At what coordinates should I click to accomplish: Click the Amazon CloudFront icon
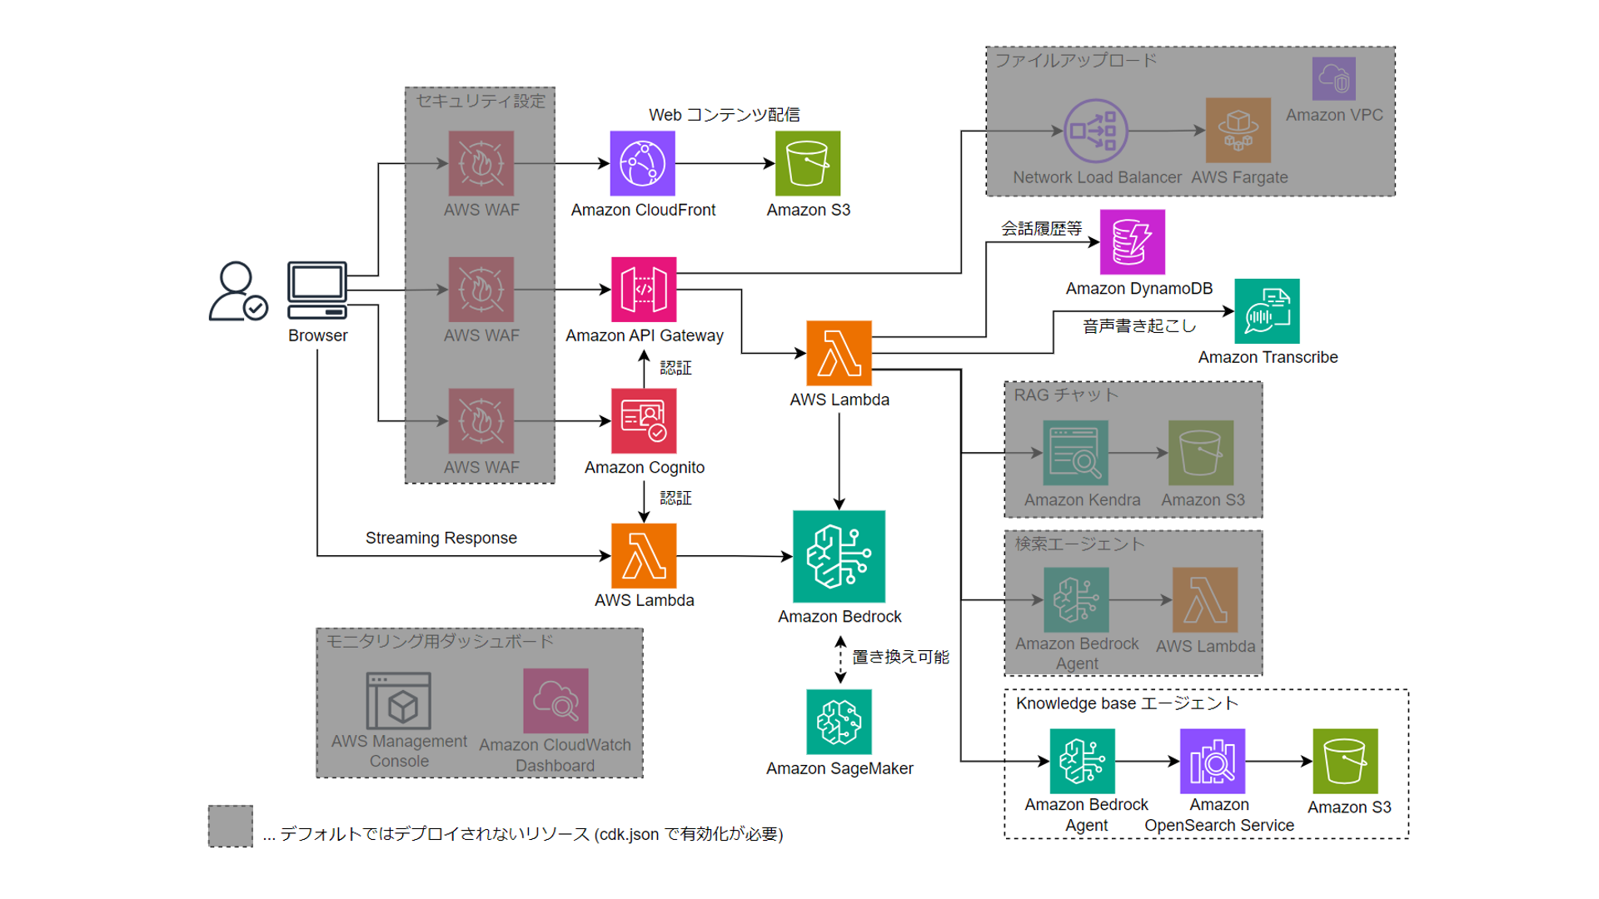[642, 163]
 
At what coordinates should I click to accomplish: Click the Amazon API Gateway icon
[643, 289]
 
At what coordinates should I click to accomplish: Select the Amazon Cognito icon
[643, 420]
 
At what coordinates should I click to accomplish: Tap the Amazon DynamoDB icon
[1132, 241]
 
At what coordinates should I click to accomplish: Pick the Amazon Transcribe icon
[1266, 311]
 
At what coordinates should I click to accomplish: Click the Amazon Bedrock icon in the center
[839, 556]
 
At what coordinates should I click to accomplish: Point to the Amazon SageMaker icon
[839, 721]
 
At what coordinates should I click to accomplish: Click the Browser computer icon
[316, 290]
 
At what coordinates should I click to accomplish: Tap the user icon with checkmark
[237, 291]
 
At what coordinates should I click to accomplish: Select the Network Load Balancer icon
[1095, 131]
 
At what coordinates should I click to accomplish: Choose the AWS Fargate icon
[1238, 130]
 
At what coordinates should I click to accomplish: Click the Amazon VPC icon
[1333, 79]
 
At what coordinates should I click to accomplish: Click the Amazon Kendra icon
[1075, 452]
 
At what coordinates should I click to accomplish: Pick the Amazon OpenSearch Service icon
[1212, 761]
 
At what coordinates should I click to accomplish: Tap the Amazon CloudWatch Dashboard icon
[555, 701]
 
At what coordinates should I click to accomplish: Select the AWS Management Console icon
[398, 701]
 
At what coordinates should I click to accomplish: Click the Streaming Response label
[441, 538]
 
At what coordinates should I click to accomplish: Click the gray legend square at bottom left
[231, 826]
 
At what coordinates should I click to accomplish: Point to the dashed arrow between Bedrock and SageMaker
[840, 659]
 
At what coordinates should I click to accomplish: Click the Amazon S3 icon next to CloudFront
[807, 163]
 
